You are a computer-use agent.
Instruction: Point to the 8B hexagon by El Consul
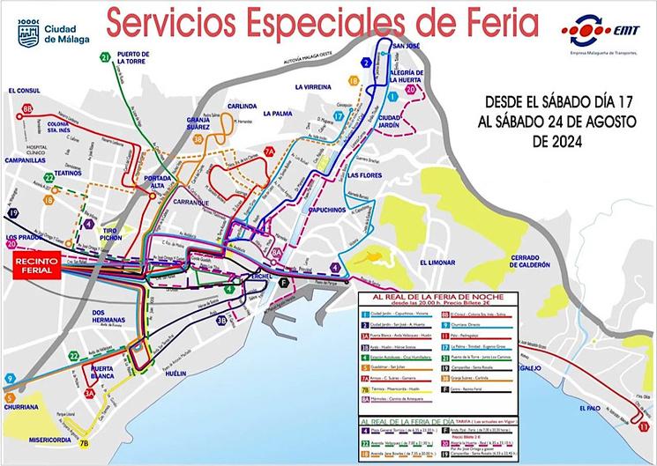pyautogui.click(x=27, y=108)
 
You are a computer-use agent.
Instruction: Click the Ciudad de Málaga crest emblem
pyautogui.click(x=27, y=33)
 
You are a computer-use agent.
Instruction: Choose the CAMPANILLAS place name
pyautogui.click(x=26, y=162)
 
